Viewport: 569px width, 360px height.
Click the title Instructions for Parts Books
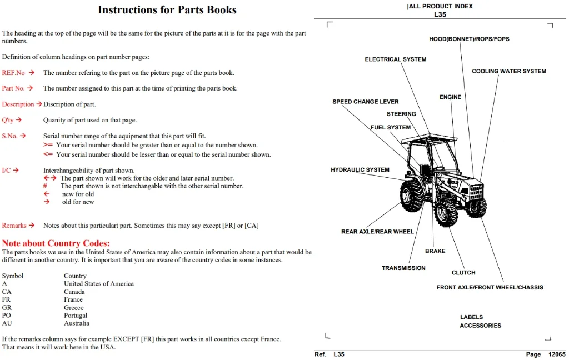coord(167,10)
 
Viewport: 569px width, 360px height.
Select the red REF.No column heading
coord(13,73)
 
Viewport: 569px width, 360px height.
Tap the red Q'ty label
coord(8,120)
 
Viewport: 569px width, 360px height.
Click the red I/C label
coord(6,170)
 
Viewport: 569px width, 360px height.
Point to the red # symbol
coord(45,186)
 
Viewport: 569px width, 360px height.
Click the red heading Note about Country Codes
coord(56,243)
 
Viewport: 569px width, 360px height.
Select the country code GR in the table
coord(7,307)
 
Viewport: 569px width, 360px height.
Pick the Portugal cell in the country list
coord(76,316)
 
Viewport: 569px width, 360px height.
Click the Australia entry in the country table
coord(77,323)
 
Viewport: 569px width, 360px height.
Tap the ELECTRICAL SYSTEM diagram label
coord(396,59)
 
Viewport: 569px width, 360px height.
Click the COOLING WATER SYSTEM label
coord(509,71)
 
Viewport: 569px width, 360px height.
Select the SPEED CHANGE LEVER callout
coord(366,102)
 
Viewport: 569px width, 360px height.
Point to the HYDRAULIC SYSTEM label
coord(360,169)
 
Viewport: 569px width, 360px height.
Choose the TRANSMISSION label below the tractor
coord(403,268)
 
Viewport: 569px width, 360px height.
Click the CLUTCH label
coord(463,273)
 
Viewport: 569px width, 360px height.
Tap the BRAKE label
coord(435,251)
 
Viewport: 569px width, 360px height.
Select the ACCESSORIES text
coord(481,326)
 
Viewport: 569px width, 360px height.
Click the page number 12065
coord(557,354)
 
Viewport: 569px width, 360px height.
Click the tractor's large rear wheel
coord(412,196)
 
